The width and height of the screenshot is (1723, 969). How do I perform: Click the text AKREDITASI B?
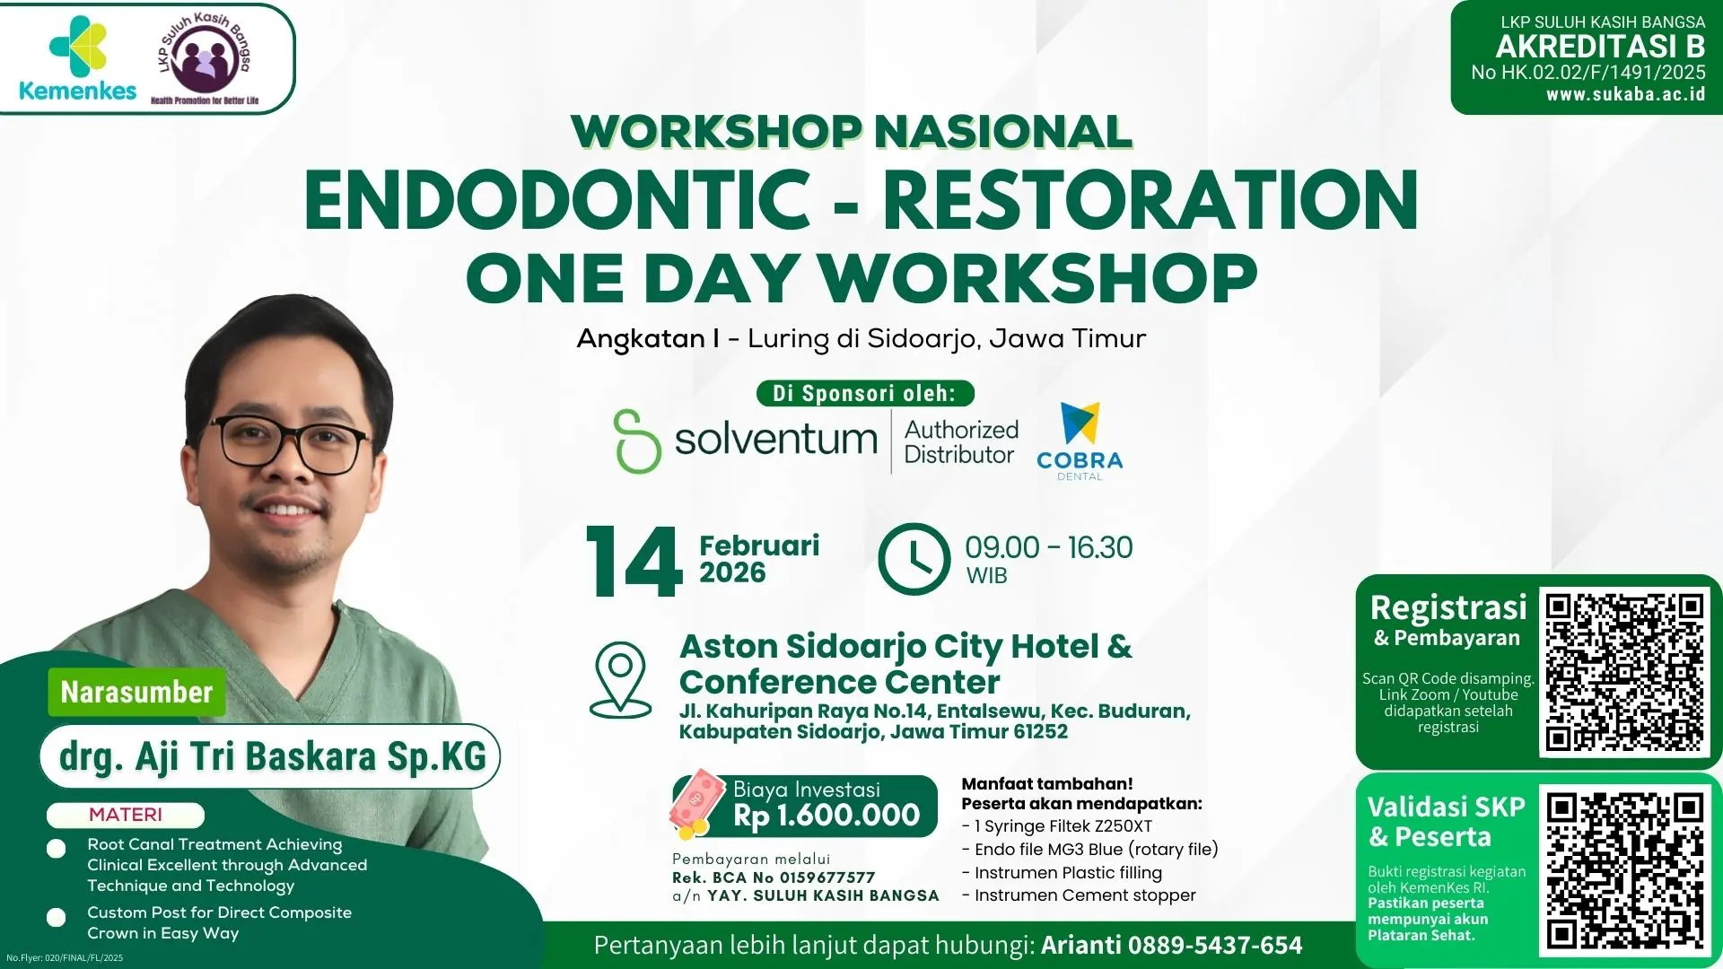1600,47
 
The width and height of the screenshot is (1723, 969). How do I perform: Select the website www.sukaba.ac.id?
1625,94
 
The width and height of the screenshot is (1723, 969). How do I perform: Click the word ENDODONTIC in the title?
556,201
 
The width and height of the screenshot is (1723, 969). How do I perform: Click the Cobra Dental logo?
1080,441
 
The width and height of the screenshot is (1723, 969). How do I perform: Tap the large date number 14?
634,563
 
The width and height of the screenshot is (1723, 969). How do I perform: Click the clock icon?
914,559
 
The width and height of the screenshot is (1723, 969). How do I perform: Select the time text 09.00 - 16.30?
1048,547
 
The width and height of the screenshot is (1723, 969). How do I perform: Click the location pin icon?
620,679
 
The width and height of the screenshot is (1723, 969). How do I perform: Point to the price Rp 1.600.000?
826,815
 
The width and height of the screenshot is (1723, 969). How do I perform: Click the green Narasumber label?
136,692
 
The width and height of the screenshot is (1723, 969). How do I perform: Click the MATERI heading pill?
126,815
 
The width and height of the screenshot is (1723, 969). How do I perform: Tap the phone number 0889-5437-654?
1214,946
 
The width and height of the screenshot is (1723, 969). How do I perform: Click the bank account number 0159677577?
827,877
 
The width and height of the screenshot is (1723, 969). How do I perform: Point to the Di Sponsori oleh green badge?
863,393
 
